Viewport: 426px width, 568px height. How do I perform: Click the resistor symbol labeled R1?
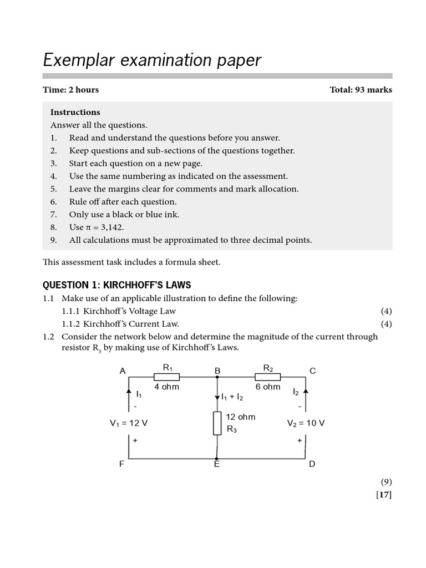tap(166, 377)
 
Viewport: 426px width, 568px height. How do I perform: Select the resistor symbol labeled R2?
tap(268, 377)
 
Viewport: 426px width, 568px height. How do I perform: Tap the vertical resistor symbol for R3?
tap(217, 424)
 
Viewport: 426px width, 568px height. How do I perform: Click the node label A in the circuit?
tap(123, 371)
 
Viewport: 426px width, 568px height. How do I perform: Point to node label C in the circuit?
tap(312, 371)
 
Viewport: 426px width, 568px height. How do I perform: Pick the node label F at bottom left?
tap(122, 464)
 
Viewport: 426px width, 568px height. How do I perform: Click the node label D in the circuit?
tap(312, 464)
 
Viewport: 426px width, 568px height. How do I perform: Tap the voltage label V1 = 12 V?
tap(129, 423)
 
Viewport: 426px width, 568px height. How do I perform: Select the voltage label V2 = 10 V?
tap(306, 423)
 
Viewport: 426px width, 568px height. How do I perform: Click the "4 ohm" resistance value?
tap(166, 387)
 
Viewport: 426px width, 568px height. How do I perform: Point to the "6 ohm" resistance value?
tap(268, 387)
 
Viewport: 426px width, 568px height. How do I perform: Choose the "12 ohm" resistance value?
tap(241, 417)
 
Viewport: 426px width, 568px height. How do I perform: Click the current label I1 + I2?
tap(232, 397)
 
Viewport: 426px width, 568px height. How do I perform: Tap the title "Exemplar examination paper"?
tap(152, 60)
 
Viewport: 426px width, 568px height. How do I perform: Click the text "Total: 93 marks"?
tap(361, 90)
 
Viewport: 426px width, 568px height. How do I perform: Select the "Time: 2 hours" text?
tap(71, 90)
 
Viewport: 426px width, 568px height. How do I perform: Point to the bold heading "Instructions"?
tap(75, 112)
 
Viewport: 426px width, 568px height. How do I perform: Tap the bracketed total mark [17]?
tap(384, 495)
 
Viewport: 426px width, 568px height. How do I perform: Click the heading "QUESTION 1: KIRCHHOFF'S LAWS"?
tap(117, 285)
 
